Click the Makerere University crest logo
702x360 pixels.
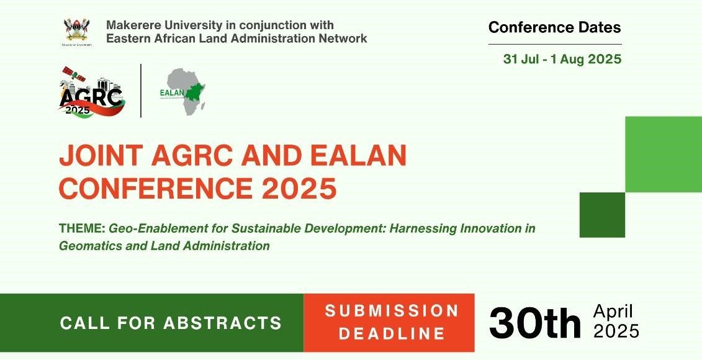[77, 32]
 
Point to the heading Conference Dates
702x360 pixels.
[555, 27]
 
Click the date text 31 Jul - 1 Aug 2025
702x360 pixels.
[562, 59]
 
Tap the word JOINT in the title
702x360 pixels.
[101, 156]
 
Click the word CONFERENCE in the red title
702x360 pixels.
[155, 189]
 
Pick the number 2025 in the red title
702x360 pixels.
[299, 189]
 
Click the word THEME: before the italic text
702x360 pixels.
[82, 228]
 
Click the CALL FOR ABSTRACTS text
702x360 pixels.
[171, 323]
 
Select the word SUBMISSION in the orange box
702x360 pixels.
[392, 311]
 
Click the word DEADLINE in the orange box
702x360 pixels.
[392, 333]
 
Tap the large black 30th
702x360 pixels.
[535, 322]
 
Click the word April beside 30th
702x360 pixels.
[613, 311]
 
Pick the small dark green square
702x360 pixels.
[602, 215]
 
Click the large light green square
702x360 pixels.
[664, 155]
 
